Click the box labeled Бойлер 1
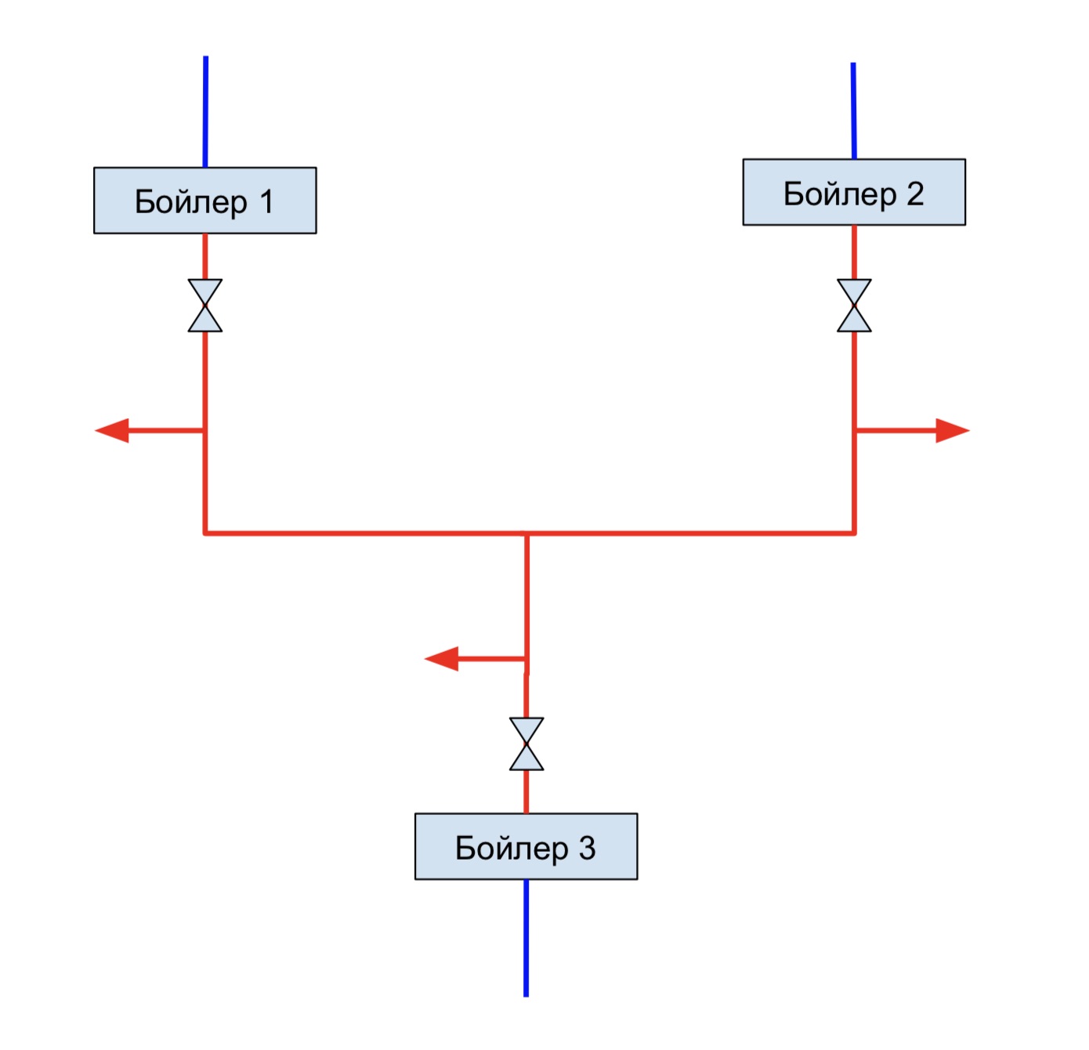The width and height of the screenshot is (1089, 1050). pos(204,201)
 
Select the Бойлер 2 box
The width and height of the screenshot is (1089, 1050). pos(854,192)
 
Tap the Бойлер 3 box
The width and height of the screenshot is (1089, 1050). pos(526,846)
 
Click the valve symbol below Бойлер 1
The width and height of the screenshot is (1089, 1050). pos(204,306)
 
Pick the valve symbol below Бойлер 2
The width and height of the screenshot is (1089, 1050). pos(854,306)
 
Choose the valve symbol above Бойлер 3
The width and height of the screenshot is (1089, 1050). pos(526,744)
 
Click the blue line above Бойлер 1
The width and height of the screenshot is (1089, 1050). pos(205,111)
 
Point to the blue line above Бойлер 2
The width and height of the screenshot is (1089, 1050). pos(853,110)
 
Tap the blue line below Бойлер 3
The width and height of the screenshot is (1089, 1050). pos(526,938)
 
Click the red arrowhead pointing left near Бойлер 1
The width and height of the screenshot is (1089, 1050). pos(112,430)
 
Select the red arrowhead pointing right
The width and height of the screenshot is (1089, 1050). pos(953,430)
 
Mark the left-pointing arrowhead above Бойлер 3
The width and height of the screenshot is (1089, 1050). pos(442,659)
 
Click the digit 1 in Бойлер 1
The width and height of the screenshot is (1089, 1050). pos(266,201)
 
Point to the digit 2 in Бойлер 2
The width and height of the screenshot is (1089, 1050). pos(915,194)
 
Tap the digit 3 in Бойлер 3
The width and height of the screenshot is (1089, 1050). pos(587,848)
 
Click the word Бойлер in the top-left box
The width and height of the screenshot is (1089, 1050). pos(191,203)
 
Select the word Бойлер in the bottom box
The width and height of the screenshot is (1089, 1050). pos(512,849)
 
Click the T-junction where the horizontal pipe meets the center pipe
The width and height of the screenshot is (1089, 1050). pos(526,534)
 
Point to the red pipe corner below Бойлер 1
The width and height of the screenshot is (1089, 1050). pos(204,534)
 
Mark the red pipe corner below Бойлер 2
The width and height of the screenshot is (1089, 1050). pos(854,534)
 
